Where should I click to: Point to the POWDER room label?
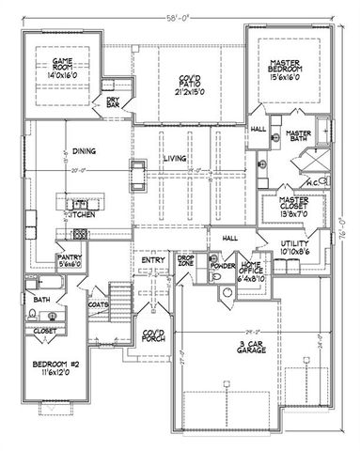coord(223,266)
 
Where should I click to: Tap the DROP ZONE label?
coord(187,262)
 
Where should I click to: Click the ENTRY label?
coord(153,262)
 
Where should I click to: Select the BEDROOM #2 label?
coord(54,368)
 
